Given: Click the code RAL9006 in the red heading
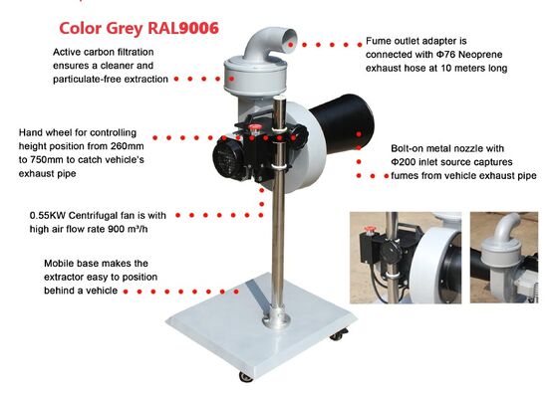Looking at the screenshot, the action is point(183,29).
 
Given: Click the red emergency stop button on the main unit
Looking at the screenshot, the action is point(254,127).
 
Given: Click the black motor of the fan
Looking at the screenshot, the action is point(228,158).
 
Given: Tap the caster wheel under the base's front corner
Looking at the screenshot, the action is point(246,376).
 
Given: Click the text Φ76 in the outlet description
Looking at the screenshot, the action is point(444,55).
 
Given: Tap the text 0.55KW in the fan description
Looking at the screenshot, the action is point(48,216).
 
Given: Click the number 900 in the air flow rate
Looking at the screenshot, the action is point(116,229).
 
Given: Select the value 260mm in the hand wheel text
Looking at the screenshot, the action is point(128,146).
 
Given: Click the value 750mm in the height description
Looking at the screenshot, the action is point(48,160).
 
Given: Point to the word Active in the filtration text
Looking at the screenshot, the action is point(66,52).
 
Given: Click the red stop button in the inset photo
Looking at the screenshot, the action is point(370,229).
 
